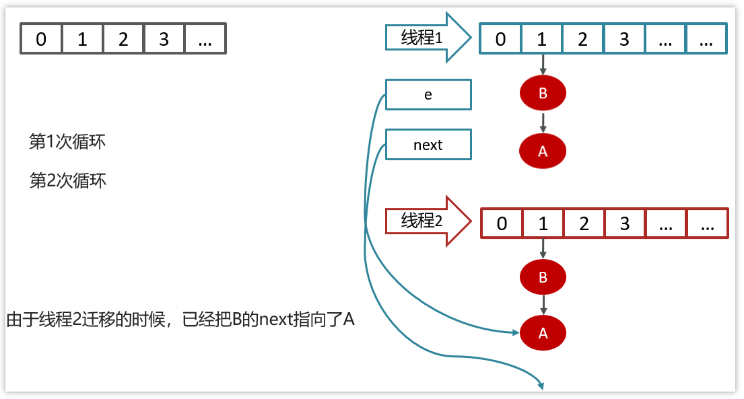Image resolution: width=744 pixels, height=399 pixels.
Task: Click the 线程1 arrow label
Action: (423, 38)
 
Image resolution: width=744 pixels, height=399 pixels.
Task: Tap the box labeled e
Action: (428, 94)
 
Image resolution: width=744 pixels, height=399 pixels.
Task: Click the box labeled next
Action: (428, 145)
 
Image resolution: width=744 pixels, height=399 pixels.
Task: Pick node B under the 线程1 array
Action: (543, 94)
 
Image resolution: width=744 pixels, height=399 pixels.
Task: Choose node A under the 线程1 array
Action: (543, 151)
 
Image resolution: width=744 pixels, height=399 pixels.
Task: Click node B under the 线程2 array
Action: (543, 277)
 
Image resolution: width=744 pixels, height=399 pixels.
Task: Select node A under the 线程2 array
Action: (543, 333)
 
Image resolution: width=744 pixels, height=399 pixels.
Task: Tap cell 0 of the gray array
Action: (41, 39)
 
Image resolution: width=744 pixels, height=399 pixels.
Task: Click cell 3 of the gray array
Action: (164, 39)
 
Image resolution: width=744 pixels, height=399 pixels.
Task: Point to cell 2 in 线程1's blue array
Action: (583, 39)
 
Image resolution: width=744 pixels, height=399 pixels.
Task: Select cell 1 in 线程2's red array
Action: (543, 223)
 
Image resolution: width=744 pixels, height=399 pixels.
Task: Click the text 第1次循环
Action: (67, 142)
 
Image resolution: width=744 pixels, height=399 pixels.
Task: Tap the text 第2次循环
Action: (68, 181)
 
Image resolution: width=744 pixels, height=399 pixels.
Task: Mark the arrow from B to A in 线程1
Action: (543, 123)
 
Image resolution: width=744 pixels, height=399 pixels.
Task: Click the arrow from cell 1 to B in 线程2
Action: (543, 248)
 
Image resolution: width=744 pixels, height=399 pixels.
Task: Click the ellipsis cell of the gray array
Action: (205, 39)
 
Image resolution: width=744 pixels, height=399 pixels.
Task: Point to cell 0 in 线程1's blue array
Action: (500, 39)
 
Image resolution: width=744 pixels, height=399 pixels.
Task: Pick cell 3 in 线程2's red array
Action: (625, 223)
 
